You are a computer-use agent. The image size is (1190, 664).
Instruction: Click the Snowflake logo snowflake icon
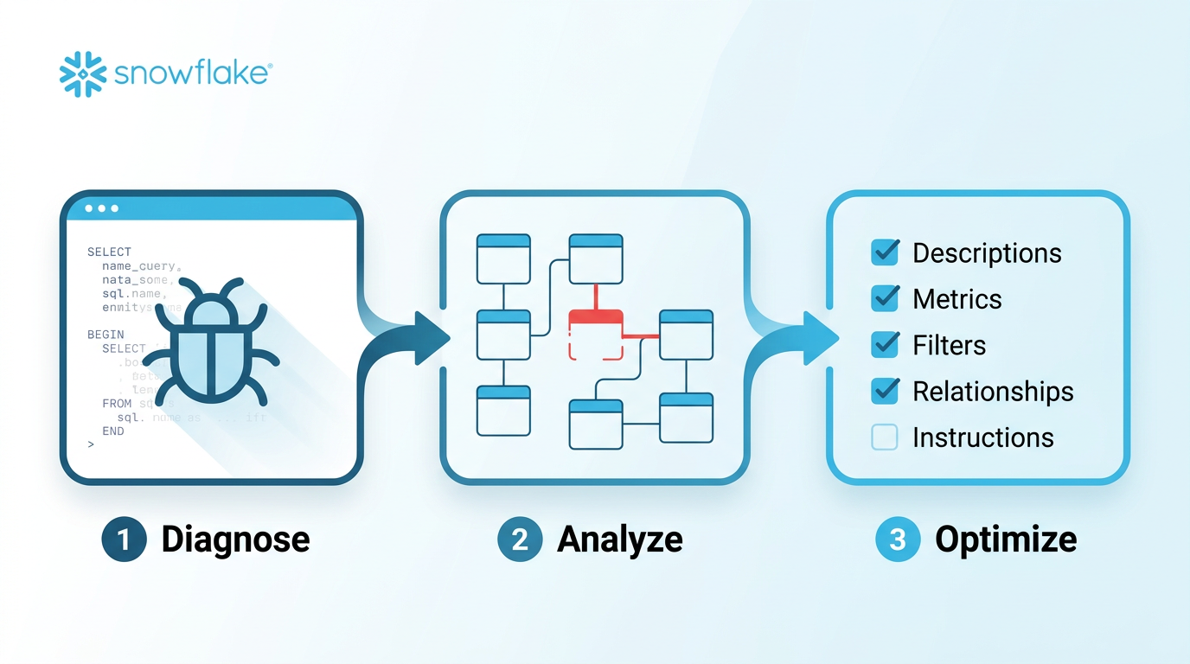point(83,73)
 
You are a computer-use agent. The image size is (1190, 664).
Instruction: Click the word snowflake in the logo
point(192,73)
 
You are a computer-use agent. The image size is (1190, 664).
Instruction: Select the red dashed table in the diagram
point(596,335)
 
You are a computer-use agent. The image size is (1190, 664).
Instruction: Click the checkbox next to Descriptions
point(885,252)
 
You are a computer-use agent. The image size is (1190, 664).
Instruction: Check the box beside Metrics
point(885,299)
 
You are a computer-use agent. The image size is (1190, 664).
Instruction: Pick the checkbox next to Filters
point(885,345)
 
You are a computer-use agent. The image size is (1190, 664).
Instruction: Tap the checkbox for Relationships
point(885,392)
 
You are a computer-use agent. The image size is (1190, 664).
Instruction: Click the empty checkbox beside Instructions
point(885,437)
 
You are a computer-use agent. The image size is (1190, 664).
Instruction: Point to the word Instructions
point(982,437)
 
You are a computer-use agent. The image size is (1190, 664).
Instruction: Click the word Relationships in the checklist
point(993,392)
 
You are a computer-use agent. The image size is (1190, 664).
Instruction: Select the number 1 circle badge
point(124,539)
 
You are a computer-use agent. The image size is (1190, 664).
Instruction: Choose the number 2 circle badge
point(520,539)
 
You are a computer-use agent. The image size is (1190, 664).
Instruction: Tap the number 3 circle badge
point(898,539)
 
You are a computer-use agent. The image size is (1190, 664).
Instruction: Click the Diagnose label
point(235,539)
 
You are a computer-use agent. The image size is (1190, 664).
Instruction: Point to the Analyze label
point(620,539)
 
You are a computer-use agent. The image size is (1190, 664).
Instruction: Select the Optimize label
point(1006,539)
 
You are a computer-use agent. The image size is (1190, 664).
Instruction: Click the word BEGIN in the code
point(106,335)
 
